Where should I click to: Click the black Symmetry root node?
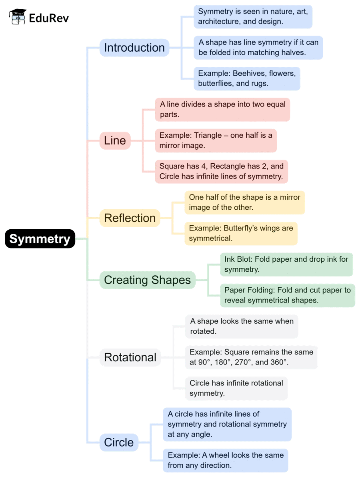(40, 239)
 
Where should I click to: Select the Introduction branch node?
(134, 48)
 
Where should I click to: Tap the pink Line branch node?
(115, 140)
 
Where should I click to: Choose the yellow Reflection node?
(130, 218)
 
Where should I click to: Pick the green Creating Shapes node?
(147, 280)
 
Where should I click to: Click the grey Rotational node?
(130, 357)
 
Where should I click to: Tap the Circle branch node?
(119, 443)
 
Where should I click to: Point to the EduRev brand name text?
(49, 18)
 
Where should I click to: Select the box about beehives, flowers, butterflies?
(247, 78)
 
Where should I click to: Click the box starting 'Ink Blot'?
(286, 264)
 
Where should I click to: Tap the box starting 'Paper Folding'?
(287, 295)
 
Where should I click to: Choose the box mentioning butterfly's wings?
(241, 233)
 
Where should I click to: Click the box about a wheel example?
(225, 460)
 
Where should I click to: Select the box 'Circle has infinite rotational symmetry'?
(236, 388)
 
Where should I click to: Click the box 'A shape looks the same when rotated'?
(242, 326)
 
